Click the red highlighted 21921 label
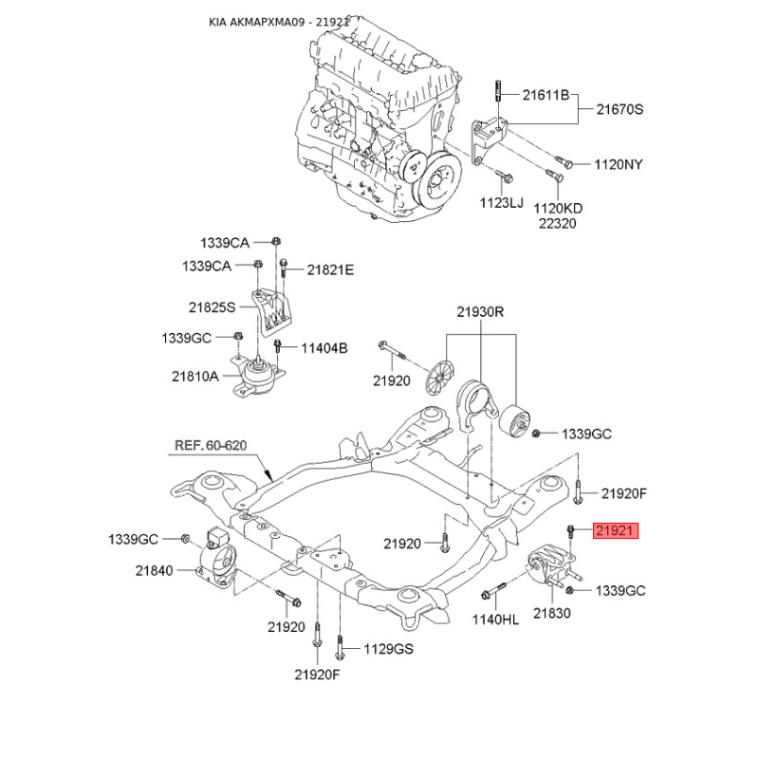616,530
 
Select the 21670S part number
620,109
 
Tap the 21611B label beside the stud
546,95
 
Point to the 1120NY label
619,164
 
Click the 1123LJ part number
502,202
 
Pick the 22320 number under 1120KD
558,224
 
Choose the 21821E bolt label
330,269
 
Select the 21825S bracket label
212,306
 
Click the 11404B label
324,348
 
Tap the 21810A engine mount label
195,376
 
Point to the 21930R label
480,312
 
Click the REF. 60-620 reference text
211,445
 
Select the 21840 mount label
154,571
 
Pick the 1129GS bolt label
389,649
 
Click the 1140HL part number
495,620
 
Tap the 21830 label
552,613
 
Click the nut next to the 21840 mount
185,538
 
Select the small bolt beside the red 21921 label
571,532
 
